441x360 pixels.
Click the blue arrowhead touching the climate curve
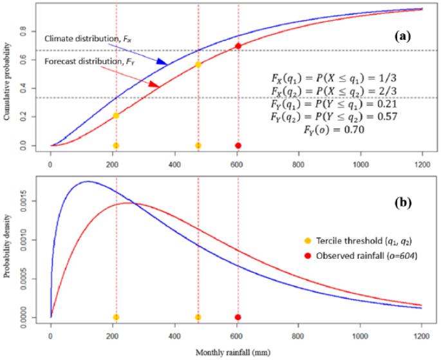162,62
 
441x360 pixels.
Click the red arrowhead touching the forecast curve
154,84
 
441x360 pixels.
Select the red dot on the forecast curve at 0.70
238,46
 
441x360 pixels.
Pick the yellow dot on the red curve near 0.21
116,116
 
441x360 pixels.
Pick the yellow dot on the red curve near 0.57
198,64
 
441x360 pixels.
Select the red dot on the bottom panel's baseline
238,317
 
